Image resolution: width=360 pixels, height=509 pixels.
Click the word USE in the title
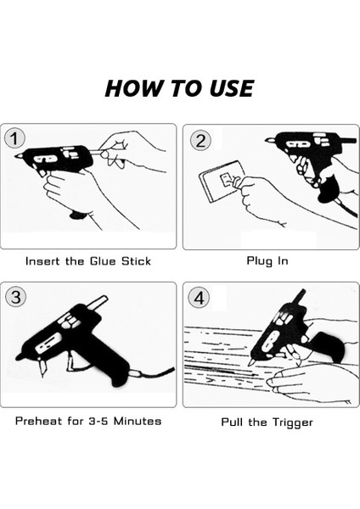[x=231, y=88]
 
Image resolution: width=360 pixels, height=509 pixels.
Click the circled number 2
[x=200, y=141]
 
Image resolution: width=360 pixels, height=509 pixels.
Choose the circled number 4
[x=199, y=298]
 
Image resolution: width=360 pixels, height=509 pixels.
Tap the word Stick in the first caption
[x=136, y=261]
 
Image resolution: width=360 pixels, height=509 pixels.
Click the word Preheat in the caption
[x=39, y=422]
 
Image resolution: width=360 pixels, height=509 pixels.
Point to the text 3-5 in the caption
[x=98, y=422]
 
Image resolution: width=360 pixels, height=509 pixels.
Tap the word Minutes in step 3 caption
[x=138, y=422]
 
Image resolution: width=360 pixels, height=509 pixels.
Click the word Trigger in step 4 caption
[x=292, y=422]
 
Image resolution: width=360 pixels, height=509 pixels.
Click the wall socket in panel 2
[x=219, y=182]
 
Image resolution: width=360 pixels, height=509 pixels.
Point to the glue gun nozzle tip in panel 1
[x=15, y=157]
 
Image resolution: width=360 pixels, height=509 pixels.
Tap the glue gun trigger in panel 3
[x=69, y=362]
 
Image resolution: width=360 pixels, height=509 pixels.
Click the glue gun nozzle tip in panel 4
[x=250, y=365]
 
